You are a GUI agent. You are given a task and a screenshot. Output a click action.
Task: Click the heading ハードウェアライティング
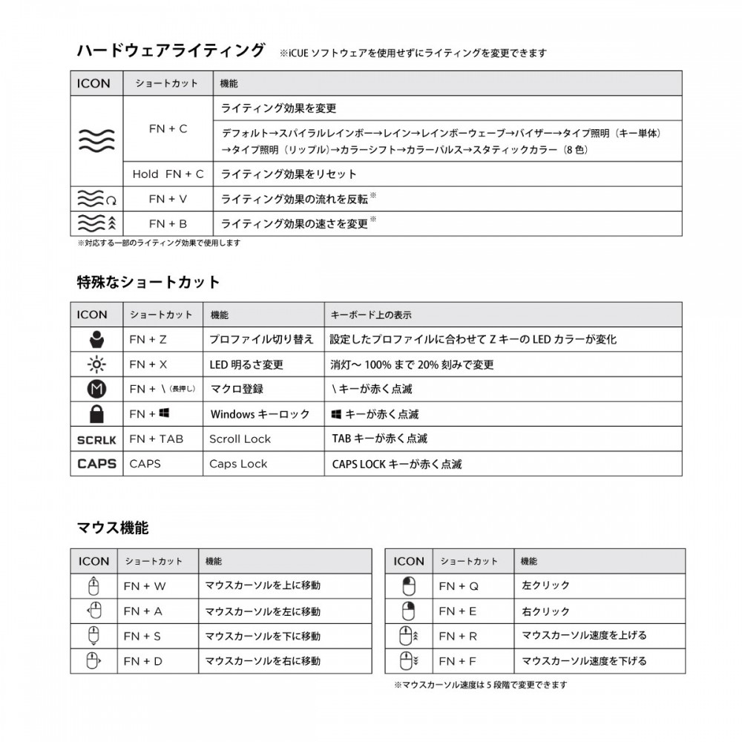171,50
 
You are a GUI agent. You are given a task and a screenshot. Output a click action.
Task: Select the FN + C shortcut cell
168,128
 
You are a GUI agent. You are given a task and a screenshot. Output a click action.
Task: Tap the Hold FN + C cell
168,174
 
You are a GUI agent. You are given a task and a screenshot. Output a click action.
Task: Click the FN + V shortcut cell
168,199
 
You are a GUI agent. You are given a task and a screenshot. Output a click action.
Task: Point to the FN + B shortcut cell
168,223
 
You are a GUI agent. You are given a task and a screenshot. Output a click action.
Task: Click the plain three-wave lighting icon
96,139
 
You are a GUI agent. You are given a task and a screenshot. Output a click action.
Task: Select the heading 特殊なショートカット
148,282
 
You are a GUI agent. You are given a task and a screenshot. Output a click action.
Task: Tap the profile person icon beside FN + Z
96,340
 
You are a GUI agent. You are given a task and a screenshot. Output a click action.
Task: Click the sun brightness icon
96,364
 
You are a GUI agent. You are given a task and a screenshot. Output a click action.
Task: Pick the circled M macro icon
96,389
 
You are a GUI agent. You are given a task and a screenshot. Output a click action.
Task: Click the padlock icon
96,414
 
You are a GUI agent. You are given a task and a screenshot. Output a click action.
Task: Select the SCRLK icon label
96,439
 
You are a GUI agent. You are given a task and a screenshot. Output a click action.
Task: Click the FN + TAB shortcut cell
156,439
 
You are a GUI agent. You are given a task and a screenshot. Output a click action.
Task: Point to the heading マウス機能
113,528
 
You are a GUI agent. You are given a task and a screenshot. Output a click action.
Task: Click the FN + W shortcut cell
145,586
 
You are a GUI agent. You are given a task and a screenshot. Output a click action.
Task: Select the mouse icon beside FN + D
94,660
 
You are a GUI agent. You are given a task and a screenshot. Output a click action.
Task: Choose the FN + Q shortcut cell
459,586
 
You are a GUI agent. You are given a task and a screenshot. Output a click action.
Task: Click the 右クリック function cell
546,611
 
